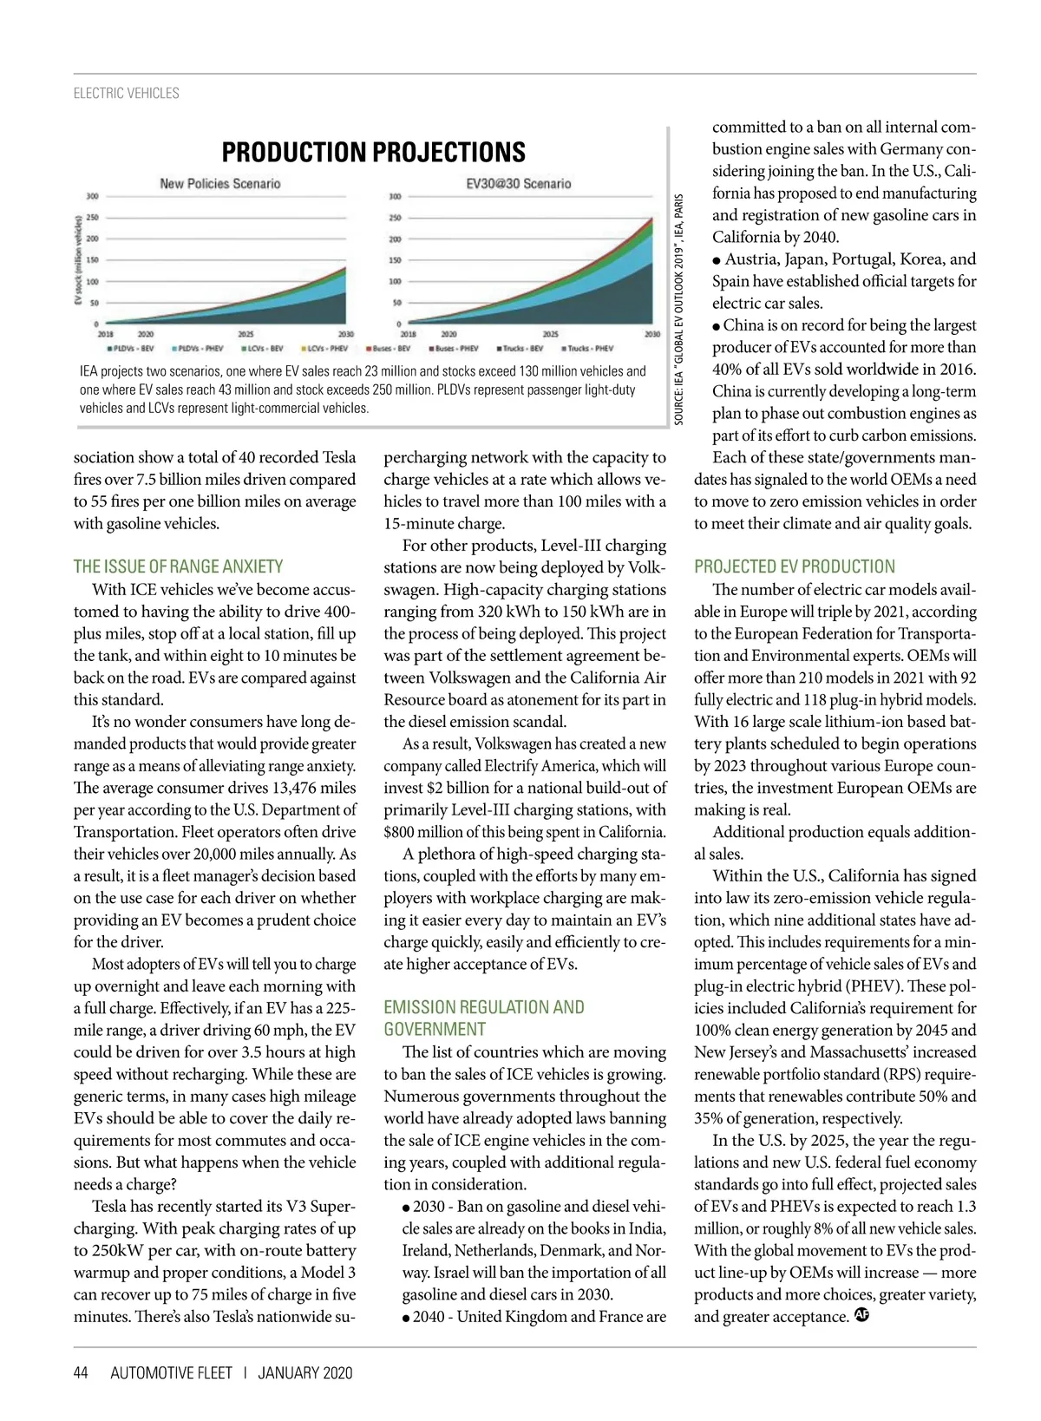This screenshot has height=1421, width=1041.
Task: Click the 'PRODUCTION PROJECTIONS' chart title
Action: pos(373,153)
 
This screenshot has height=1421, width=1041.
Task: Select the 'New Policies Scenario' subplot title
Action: pos(219,184)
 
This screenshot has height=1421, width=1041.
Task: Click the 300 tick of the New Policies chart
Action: pos(92,196)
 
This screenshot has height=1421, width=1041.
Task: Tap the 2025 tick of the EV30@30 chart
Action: pos(550,334)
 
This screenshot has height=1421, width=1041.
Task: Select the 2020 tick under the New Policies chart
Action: pos(146,334)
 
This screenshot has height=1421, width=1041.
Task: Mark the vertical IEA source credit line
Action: pos(679,308)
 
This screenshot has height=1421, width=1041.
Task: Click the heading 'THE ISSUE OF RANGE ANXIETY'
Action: pos(178,566)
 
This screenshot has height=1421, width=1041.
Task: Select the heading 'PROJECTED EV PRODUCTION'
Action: pos(794,566)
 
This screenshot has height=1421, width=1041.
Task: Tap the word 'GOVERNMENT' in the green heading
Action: pos(435,1030)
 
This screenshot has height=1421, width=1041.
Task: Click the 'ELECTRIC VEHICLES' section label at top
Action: pos(127,94)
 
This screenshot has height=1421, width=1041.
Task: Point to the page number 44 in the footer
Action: pos(81,1372)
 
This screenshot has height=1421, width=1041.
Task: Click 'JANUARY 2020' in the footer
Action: pos(305,1372)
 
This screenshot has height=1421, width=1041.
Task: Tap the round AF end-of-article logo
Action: pos(861,1315)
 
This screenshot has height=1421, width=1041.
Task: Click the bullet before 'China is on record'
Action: pos(717,326)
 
